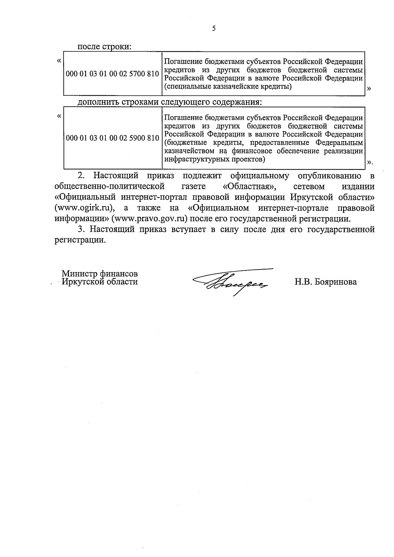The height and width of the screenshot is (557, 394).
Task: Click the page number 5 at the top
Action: (x=214, y=29)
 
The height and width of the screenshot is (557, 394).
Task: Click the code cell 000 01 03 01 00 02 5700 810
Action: (x=112, y=74)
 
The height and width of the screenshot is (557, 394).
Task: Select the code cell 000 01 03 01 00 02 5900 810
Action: (x=112, y=138)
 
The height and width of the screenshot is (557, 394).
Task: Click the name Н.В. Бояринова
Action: (x=325, y=282)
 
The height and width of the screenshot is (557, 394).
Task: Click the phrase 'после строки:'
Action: (x=104, y=47)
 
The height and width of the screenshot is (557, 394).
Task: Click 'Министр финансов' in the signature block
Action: (x=100, y=274)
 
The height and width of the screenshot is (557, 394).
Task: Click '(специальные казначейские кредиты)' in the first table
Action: (x=228, y=87)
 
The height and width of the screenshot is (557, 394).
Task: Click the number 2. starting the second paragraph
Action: (x=81, y=176)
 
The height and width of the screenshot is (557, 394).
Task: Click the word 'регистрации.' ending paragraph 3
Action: (x=80, y=240)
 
